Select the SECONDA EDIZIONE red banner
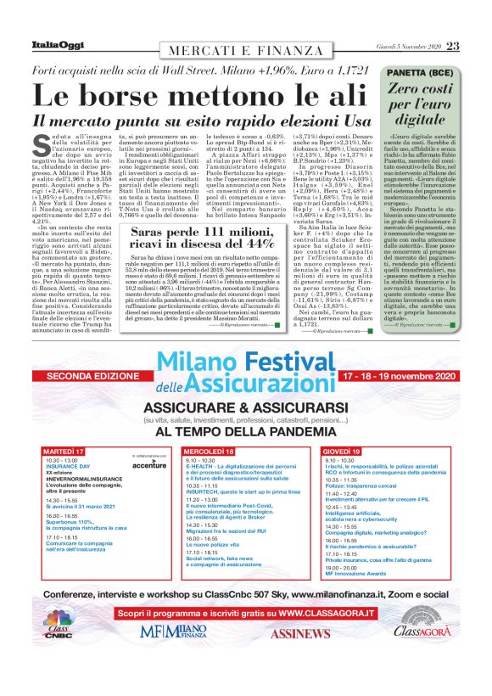(x=88, y=375)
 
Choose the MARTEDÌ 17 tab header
(x=64, y=450)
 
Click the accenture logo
(x=149, y=466)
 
